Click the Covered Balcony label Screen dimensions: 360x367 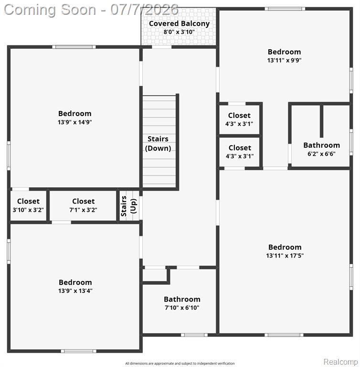[179, 23]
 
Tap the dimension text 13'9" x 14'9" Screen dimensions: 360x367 [75, 122]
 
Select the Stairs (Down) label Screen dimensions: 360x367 [158, 143]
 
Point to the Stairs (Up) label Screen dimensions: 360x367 [128, 206]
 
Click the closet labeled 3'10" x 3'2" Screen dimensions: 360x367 [28, 205]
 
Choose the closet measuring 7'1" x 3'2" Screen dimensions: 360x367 [83, 205]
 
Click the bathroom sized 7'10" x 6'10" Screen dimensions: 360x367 [182, 303]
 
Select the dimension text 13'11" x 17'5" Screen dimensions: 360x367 [285, 256]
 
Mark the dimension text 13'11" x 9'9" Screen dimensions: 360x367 [285, 60]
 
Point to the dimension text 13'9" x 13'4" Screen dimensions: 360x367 [75, 291]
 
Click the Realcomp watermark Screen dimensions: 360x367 [340, 362]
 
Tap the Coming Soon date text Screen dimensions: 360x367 [91, 10]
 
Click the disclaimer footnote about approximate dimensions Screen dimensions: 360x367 [180, 364]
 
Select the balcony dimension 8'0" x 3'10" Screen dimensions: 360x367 [179, 32]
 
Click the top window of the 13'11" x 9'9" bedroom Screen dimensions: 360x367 [285, 9]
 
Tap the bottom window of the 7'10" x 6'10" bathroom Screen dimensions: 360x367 [194, 335]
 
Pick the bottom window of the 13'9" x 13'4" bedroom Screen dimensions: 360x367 [79, 351]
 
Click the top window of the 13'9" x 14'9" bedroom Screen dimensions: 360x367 [74, 47]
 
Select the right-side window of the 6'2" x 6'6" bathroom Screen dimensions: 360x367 [351, 142]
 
